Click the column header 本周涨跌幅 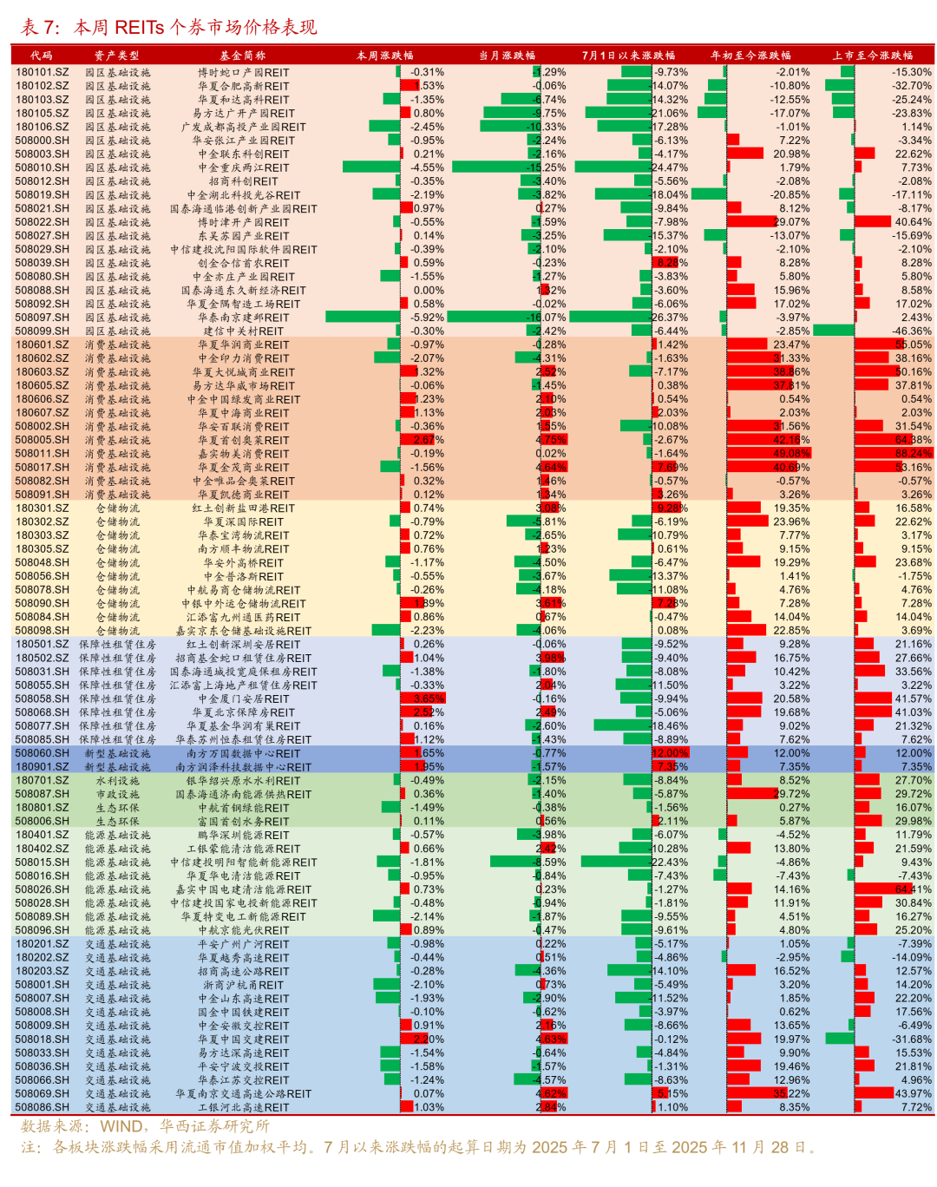click(384, 55)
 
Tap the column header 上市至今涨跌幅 click(872, 55)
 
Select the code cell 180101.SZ click(42, 72)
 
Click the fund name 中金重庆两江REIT click(243, 167)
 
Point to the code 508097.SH click(42, 318)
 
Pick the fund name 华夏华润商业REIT click(243, 344)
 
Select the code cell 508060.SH click(42, 753)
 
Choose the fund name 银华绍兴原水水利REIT click(243, 780)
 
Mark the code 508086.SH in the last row click(42, 1107)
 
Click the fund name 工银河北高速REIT click(243, 1107)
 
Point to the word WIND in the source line click(121, 1126)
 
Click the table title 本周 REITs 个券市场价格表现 click(195, 27)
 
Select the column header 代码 click(42, 55)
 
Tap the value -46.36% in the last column click(912, 331)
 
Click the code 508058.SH click(42, 698)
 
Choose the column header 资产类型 click(116, 55)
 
